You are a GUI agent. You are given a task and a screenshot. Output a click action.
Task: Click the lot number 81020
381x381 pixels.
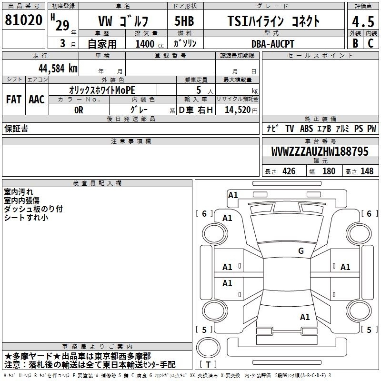pos(23,20)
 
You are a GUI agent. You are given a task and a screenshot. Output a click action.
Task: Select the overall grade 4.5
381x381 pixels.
pos(363,22)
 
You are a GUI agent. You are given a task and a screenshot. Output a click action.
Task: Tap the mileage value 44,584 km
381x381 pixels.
pos(58,69)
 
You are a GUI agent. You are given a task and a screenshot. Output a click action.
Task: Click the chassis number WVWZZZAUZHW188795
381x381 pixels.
pos(320,151)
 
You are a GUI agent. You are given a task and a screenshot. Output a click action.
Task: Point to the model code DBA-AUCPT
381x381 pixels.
pos(272,44)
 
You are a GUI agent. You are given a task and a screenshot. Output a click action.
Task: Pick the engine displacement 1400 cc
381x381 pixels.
pos(150,44)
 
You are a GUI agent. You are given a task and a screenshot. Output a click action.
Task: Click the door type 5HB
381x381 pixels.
pos(184,21)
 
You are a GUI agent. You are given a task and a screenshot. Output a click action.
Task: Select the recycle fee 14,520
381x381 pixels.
pos(238,110)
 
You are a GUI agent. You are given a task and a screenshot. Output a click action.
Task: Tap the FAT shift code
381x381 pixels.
pos(14,100)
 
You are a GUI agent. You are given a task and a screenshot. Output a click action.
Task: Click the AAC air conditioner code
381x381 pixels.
pos(37,100)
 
